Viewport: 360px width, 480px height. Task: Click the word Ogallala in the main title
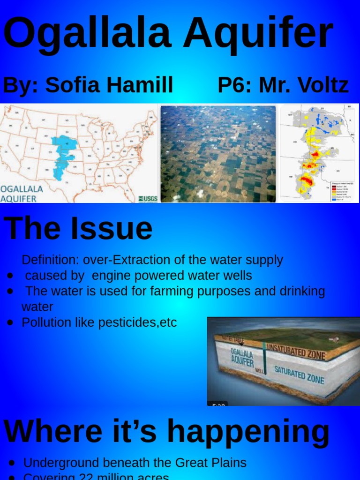click(x=87, y=34)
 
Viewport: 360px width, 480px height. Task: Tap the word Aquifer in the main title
click(x=258, y=34)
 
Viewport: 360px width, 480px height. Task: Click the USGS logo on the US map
click(x=148, y=199)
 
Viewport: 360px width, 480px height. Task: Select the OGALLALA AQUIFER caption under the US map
click(x=22, y=194)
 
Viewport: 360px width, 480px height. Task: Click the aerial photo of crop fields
click(x=218, y=154)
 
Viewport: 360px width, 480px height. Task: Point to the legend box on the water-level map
click(x=344, y=190)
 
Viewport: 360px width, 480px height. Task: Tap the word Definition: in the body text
click(x=50, y=260)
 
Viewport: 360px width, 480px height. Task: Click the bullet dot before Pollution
click(x=10, y=322)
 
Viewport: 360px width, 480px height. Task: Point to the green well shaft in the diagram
click(x=264, y=359)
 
